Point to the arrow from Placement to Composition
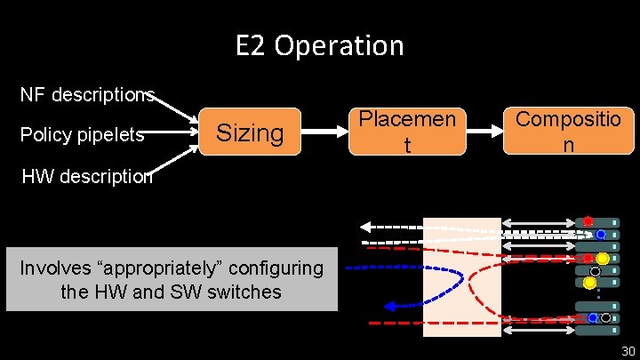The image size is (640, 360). (x=484, y=132)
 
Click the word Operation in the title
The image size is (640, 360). (x=339, y=45)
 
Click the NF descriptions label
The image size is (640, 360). (x=88, y=94)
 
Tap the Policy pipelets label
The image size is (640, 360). (x=82, y=135)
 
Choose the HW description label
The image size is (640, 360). (x=86, y=176)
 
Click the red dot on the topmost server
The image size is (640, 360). (x=588, y=220)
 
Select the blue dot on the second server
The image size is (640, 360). (x=601, y=235)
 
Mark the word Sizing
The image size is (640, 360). (x=250, y=133)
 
